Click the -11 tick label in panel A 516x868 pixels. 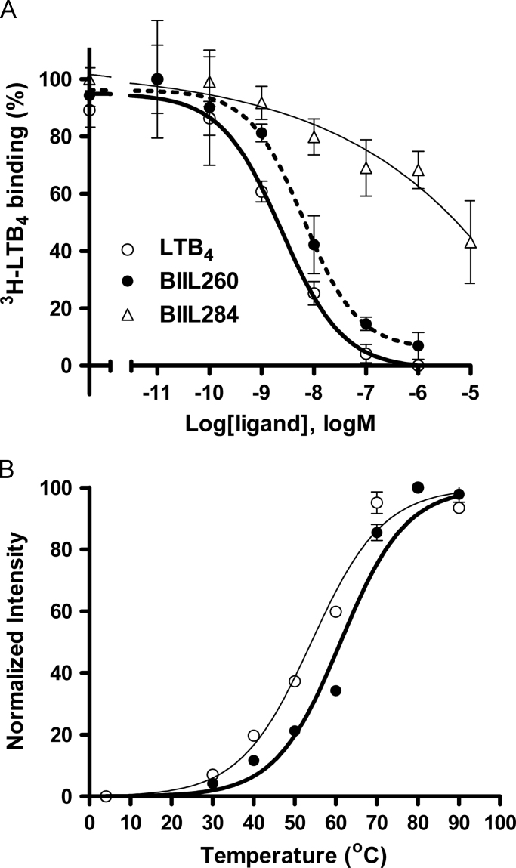157,395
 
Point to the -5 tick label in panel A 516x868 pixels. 471,395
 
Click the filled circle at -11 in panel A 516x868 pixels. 157,79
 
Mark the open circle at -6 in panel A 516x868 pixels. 419,365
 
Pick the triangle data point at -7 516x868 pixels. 366,167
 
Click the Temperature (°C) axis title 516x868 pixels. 294,851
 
